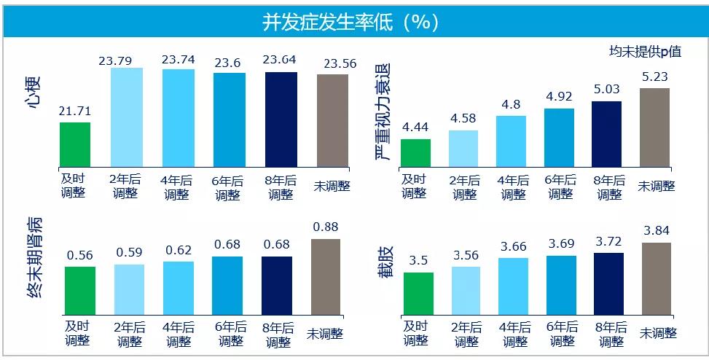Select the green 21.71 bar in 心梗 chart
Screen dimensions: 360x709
tap(75, 144)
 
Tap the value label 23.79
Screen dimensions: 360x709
tap(127, 60)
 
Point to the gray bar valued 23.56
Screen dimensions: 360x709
tap(332, 120)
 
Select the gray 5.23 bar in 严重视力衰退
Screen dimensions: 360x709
tap(654, 128)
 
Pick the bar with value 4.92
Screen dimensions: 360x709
tap(559, 138)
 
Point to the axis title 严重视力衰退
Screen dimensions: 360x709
tap(382, 110)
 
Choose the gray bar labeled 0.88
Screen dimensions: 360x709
tap(325, 278)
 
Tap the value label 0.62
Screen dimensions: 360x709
tap(178, 250)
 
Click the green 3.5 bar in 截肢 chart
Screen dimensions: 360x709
tap(418, 294)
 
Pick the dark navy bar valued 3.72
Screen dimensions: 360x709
tap(608, 285)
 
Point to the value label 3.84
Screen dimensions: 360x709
tap(656, 231)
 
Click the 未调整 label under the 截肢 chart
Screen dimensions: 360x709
tap(658, 333)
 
